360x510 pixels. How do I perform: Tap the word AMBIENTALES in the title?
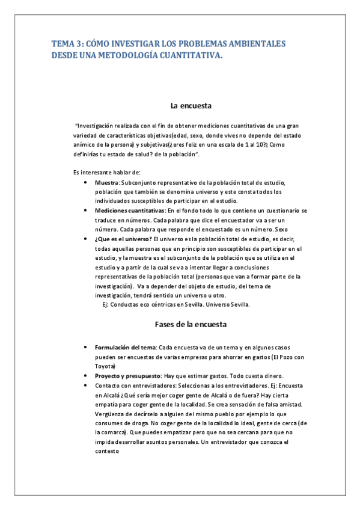pos(258,45)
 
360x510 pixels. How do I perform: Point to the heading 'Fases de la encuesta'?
pos(190,325)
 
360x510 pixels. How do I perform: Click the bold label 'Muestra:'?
pos(107,182)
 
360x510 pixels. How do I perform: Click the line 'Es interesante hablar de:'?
pos(106,173)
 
